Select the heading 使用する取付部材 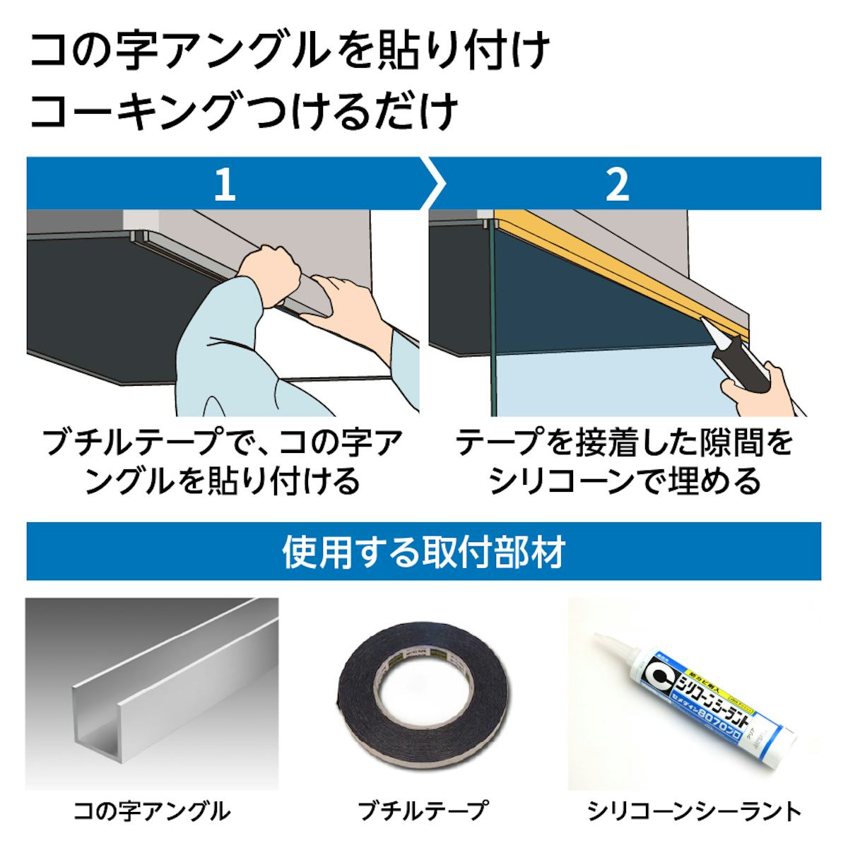click(423, 552)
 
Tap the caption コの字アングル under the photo click(152, 811)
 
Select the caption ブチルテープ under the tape click(423, 811)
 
